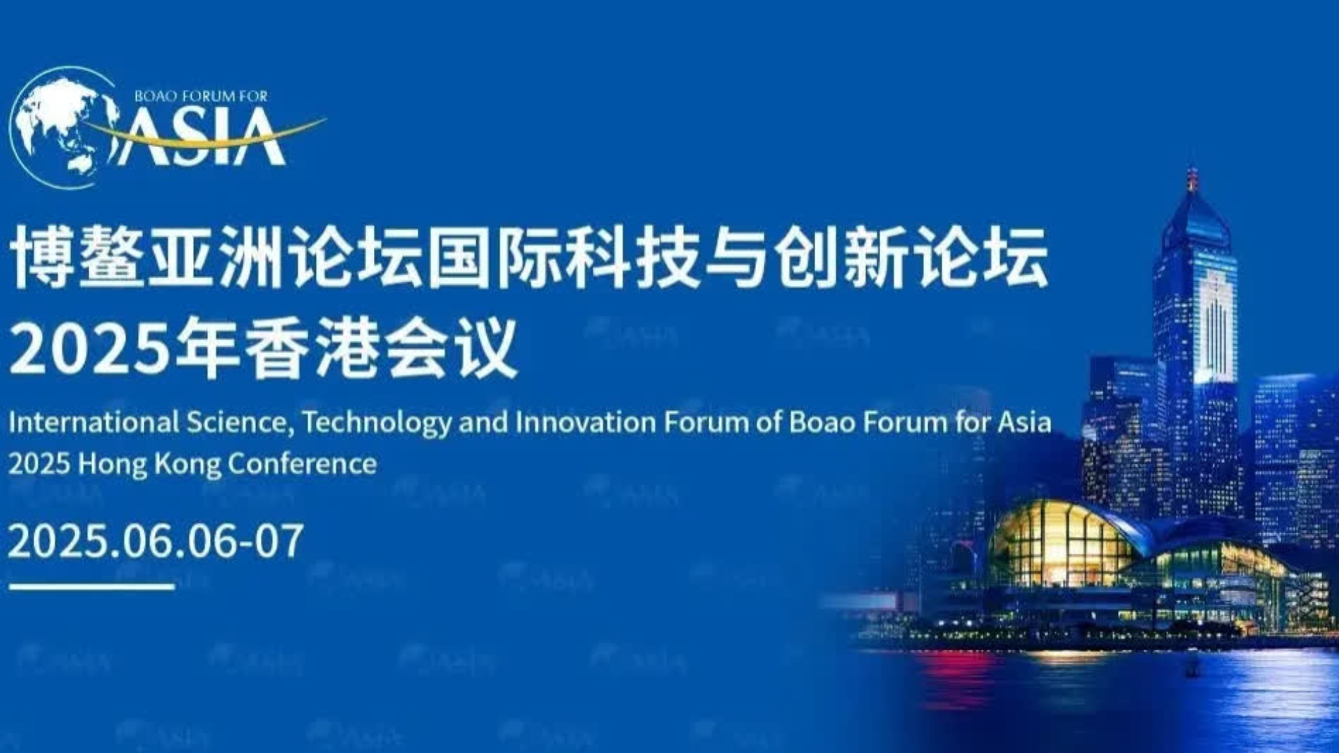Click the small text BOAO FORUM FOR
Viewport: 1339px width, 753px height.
201,96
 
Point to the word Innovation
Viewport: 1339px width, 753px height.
586,423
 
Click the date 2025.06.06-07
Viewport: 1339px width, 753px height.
156,541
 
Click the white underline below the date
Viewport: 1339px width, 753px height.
91,587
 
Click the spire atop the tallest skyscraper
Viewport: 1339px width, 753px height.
1192,180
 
